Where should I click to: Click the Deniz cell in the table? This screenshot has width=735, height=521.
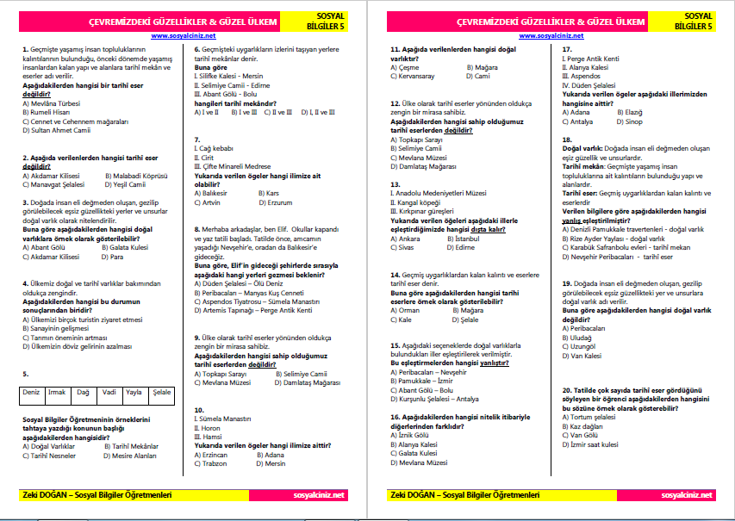point(31,393)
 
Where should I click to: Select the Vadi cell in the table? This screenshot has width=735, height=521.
point(109,393)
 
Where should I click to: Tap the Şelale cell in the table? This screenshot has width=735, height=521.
point(161,393)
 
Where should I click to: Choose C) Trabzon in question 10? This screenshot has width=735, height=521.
point(214,463)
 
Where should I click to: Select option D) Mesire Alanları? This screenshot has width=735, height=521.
point(130,456)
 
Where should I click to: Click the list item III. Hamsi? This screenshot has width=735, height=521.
point(209,436)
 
